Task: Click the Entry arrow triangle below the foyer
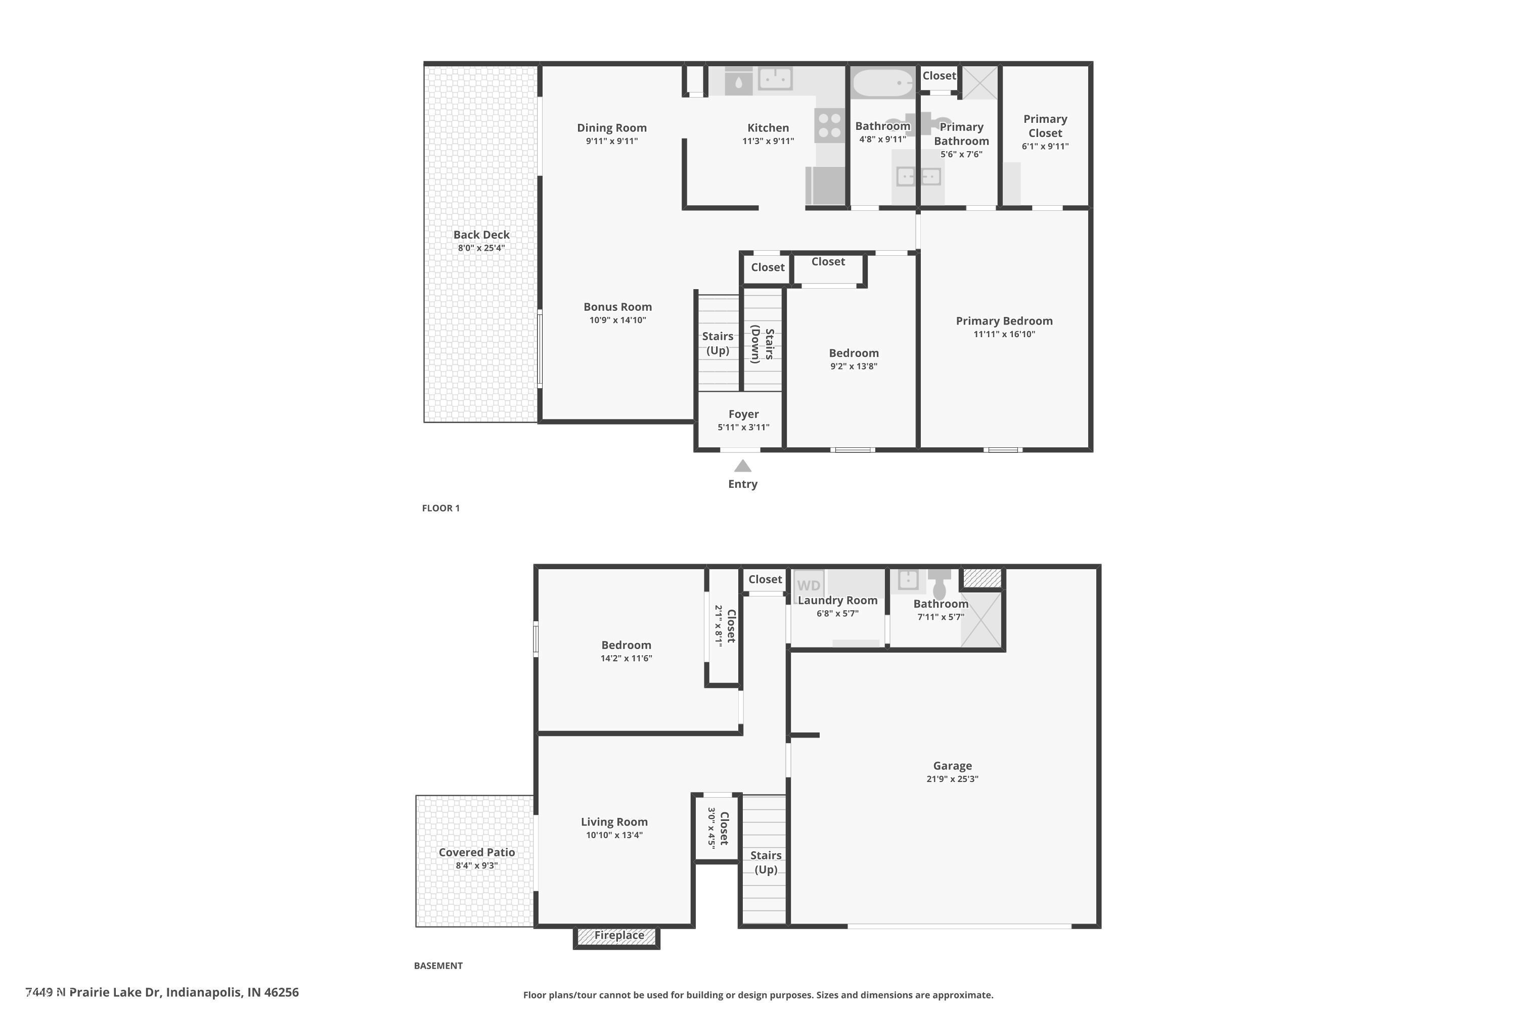click(742, 466)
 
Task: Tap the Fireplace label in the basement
click(618, 935)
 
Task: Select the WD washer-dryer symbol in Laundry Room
click(808, 585)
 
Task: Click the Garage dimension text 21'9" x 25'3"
click(952, 779)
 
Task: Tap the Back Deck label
click(481, 235)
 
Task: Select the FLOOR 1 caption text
click(440, 508)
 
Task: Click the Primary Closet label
click(1045, 126)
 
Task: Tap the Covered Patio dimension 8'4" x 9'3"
click(477, 865)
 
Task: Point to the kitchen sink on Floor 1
click(775, 79)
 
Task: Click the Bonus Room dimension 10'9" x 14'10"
click(617, 320)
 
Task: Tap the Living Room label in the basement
click(614, 821)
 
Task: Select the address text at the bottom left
click(162, 992)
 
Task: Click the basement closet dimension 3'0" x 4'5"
click(711, 828)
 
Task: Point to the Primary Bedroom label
click(1004, 320)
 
